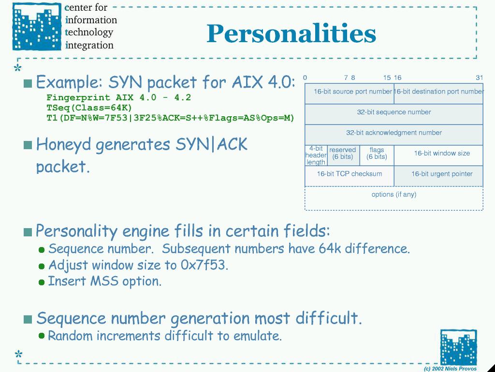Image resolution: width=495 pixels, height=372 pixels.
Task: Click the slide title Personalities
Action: click(x=291, y=34)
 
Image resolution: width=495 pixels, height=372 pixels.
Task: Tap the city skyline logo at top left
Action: click(x=37, y=27)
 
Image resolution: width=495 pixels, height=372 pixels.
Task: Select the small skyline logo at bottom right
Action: click(x=458, y=347)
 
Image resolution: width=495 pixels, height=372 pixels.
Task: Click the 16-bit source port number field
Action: click(x=349, y=93)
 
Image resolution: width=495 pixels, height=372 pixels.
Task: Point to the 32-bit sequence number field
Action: click(x=394, y=114)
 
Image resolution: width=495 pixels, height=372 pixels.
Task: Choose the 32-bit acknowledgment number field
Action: click(x=394, y=135)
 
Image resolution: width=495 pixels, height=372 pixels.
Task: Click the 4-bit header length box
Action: click(x=316, y=155)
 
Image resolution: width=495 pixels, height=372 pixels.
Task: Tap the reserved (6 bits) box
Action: click(x=344, y=155)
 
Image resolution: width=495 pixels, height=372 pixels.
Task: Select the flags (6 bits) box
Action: click(x=377, y=155)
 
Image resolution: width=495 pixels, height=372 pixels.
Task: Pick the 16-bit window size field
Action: click(x=438, y=155)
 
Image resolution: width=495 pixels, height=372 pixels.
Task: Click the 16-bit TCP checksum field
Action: click(x=349, y=176)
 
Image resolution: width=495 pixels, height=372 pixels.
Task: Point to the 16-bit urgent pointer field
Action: click(x=438, y=176)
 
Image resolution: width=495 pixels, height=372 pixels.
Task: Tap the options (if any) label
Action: click(x=394, y=194)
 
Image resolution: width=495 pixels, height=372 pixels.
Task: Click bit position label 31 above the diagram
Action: click(x=479, y=77)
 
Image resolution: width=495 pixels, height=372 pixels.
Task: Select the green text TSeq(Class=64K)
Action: click(x=89, y=108)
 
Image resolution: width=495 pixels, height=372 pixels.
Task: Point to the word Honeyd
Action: click(x=63, y=145)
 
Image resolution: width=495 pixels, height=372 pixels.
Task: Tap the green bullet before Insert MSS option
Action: click(x=42, y=282)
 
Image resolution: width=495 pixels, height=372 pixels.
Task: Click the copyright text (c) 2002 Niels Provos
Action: click(x=450, y=369)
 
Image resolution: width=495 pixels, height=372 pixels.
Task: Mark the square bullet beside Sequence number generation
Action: click(x=28, y=319)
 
